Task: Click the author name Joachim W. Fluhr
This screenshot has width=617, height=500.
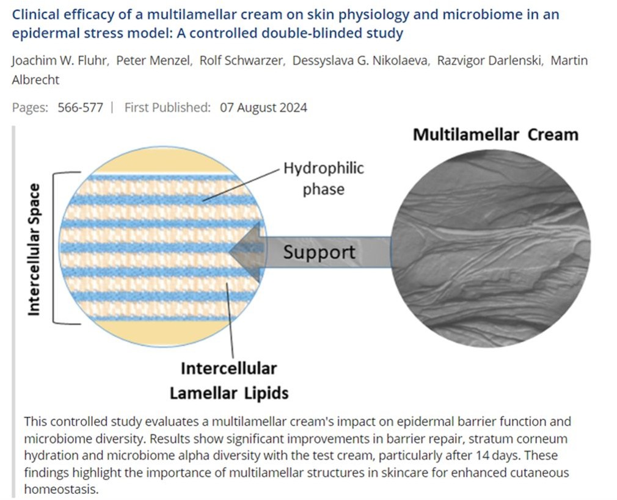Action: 60,60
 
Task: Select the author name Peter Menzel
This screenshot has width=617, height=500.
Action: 154,60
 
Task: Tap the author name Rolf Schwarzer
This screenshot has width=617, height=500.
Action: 241,60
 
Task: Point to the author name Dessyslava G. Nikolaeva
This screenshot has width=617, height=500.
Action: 360,60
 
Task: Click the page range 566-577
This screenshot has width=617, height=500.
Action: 80,107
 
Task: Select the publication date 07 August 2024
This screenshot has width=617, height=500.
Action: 263,107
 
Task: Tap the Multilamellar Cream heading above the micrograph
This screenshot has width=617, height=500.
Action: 495,134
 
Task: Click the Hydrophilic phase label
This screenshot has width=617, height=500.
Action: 323,179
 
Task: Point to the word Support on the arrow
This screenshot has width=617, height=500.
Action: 319,252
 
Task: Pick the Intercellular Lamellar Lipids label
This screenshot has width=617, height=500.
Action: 229,381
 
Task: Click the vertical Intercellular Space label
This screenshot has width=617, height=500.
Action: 34,250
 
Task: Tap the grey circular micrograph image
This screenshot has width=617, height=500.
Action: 491,248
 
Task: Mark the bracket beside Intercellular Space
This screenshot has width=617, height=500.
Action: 53,248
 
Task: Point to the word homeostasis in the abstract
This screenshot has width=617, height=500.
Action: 61,489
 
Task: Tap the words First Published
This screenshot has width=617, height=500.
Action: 167,107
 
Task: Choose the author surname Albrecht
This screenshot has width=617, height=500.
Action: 35,80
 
